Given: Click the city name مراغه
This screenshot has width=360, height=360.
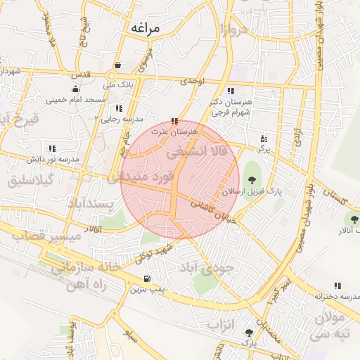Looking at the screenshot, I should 146,28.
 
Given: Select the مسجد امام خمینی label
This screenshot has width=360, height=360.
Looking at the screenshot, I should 76,100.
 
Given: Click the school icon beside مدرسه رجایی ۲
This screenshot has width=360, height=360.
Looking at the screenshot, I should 119,108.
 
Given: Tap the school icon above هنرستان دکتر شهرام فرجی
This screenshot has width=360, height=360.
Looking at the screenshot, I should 231,91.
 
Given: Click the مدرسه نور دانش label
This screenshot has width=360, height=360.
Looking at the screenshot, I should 53,160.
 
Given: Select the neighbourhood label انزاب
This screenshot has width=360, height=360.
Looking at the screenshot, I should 224,326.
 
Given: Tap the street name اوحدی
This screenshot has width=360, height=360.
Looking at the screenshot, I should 191,82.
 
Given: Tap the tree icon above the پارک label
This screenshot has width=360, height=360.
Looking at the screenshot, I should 249,331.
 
